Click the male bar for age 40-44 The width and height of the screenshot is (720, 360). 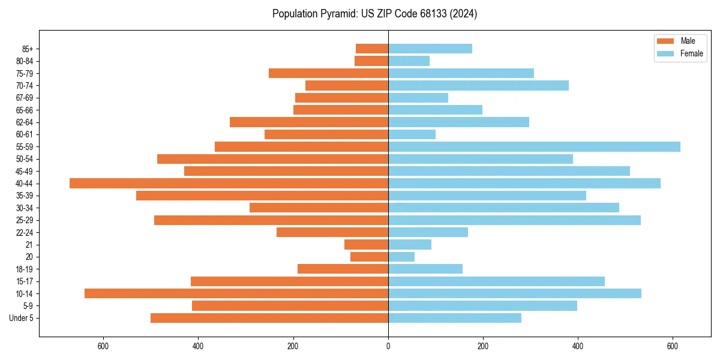pos(229,183)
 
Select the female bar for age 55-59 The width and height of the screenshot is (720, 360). pos(534,146)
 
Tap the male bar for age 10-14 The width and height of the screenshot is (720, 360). pos(236,293)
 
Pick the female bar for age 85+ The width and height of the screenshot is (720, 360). pos(430,49)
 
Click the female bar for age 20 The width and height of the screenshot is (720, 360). pos(401,257)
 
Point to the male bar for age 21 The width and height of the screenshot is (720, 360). pos(366,244)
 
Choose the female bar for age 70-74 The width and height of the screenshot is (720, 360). pos(478,85)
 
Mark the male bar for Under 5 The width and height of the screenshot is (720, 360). pos(269,318)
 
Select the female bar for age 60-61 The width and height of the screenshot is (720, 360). pos(412,134)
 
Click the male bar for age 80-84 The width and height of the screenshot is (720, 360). pos(371,61)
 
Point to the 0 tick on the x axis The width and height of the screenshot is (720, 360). pos(388,346)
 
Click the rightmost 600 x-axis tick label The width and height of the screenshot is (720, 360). pos(673,346)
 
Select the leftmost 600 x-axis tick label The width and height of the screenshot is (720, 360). pos(103,346)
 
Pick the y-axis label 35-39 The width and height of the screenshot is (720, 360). pos(25,196)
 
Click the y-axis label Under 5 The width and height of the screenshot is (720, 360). pos(22,318)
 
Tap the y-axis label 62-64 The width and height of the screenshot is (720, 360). pos(25,122)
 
